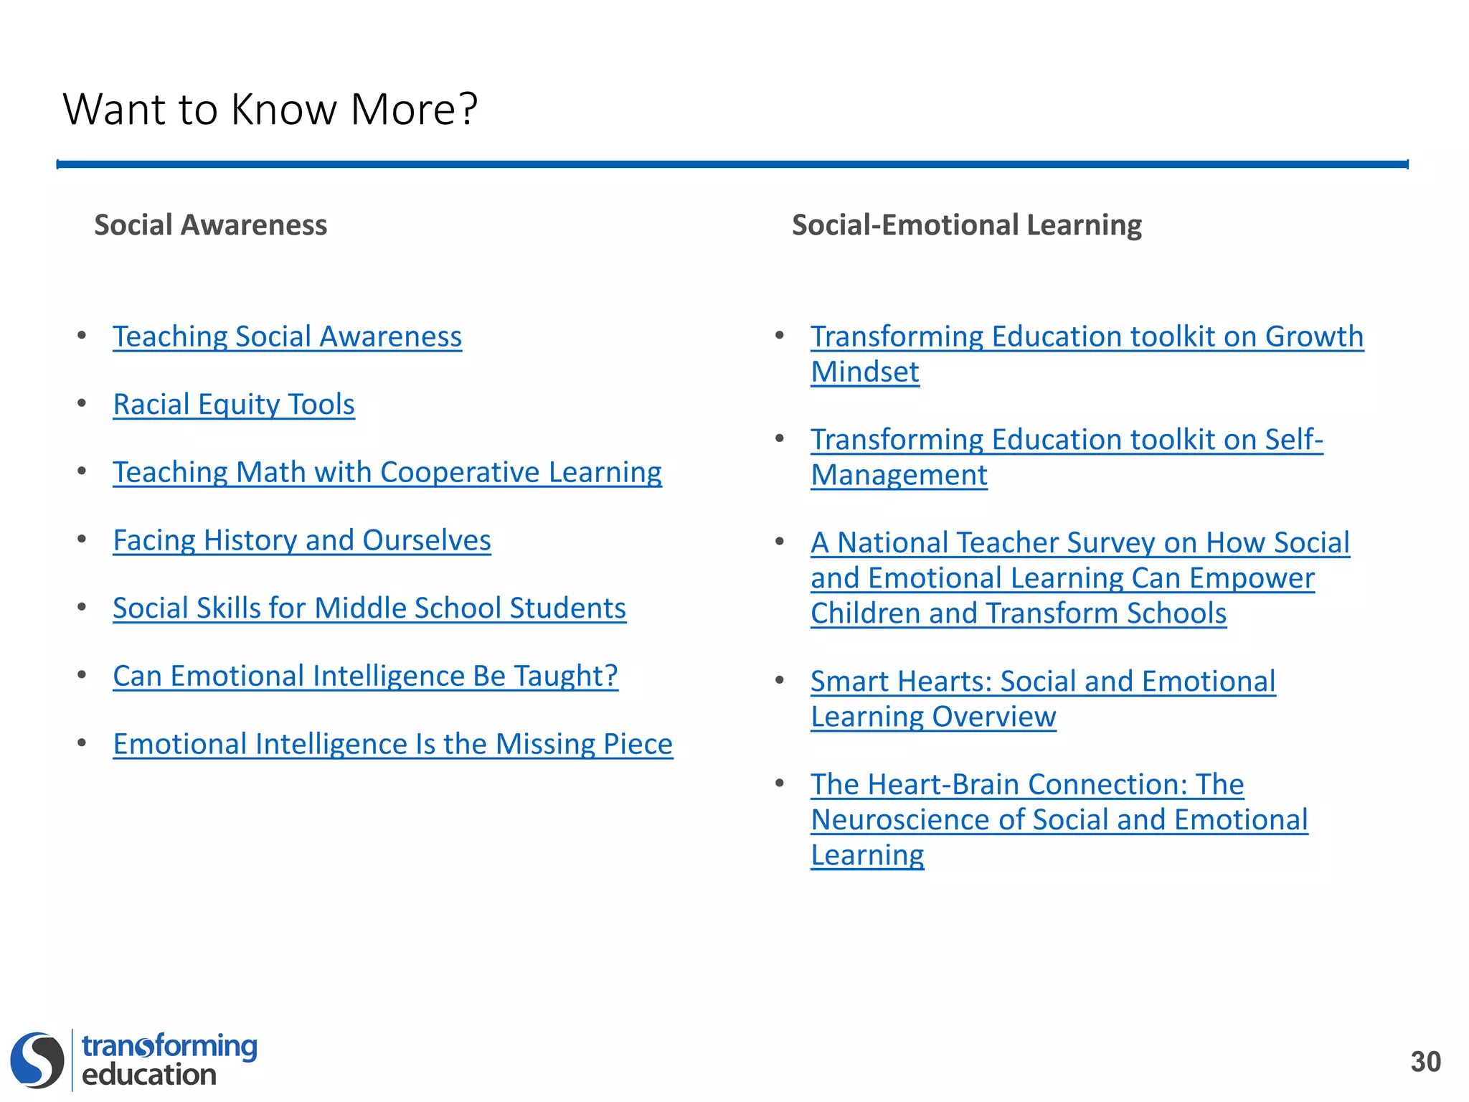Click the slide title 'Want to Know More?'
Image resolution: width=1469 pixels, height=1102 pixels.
click(270, 109)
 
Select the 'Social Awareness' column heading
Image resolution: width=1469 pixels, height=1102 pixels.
click(210, 225)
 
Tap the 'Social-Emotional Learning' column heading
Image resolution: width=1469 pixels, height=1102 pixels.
click(966, 225)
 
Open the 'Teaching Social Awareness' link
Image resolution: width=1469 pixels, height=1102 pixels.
click(287, 336)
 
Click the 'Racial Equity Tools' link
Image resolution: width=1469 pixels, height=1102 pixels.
click(234, 405)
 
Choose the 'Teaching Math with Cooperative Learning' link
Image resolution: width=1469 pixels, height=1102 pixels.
click(387, 472)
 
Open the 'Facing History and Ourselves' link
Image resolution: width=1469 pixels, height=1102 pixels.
click(302, 540)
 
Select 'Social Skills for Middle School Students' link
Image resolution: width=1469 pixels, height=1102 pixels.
click(369, 608)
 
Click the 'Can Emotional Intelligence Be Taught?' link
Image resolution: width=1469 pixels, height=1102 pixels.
click(365, 676)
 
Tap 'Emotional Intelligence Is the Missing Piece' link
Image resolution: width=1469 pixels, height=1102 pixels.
click(393, 744)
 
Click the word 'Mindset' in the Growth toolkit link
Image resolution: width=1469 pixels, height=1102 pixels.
click(864, 372)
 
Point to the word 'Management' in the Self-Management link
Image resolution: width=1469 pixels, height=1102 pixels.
click(899, 475)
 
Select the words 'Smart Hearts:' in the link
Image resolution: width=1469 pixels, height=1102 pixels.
click(902, 682)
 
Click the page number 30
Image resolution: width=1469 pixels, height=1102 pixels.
click(1425, 1062)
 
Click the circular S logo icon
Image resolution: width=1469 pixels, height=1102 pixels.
click(37, 1060)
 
